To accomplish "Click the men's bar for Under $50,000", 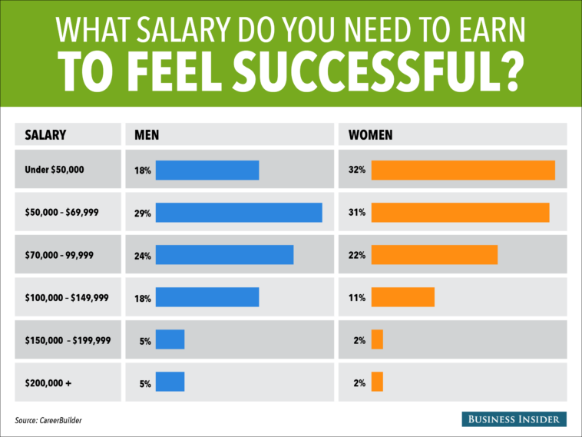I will point(207,170).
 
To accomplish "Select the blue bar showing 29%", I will point(239,212).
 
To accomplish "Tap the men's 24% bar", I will point(224,254).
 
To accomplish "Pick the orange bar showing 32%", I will point(463,170).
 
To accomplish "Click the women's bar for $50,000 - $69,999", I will point(460,212).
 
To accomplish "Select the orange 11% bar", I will point(403,296).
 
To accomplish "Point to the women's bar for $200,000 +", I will point(377,381).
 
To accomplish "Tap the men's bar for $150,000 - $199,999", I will point(170,339).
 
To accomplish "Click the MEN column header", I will point(147,135).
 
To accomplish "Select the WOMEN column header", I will point(371,135).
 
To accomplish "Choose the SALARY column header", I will point(45,135).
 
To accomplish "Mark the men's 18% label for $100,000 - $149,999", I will point(143,296).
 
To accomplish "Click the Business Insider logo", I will point(514,419).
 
